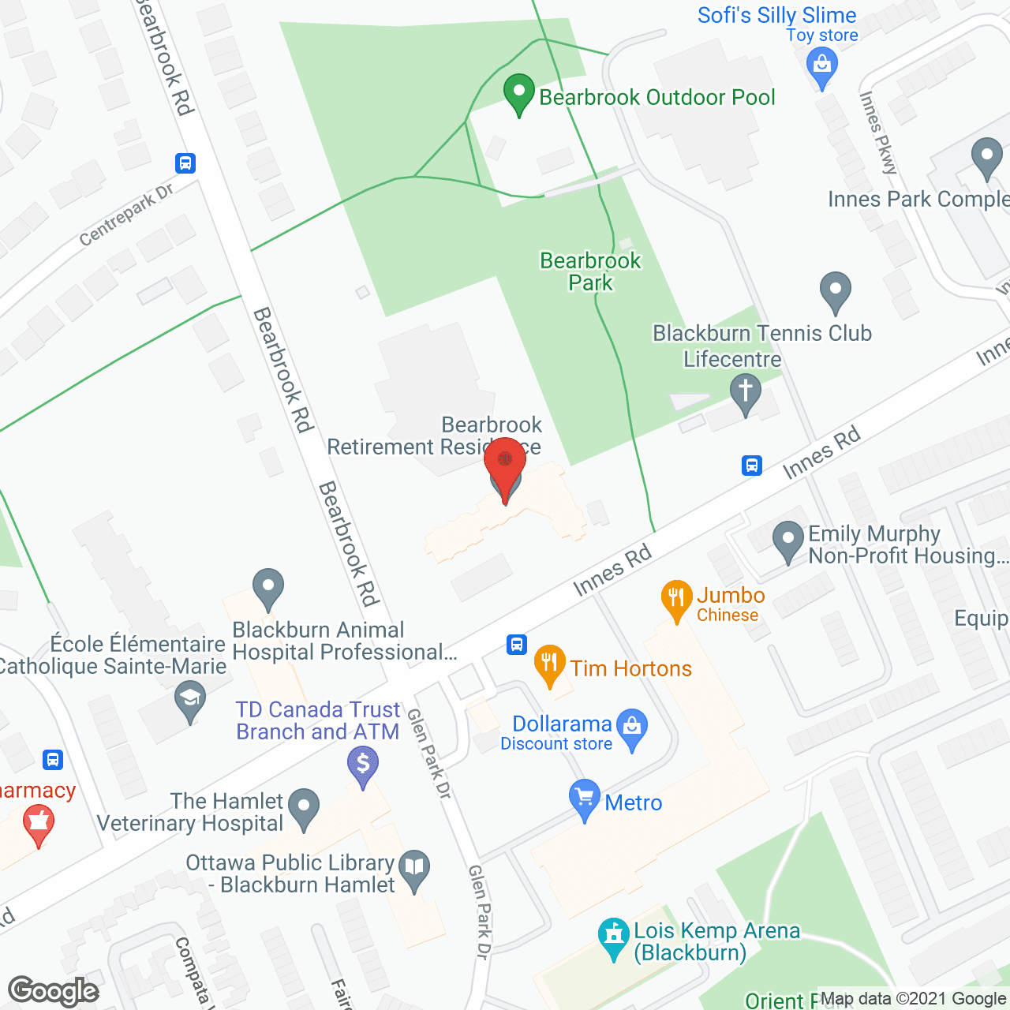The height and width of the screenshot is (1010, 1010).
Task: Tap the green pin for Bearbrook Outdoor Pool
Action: pos(518,93)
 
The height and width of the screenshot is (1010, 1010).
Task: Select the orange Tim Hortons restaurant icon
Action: pos(550,664)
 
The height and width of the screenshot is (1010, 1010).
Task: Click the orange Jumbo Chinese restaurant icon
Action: pos(676,600)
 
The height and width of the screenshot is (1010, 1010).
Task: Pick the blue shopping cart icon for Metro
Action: pos(585,799)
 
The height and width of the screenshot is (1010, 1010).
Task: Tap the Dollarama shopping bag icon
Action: pos(632,728)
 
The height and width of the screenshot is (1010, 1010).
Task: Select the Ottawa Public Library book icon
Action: pos(415,869)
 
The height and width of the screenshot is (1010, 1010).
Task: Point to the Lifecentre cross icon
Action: pos(745,392)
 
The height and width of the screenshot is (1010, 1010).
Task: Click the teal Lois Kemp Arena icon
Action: pos(613,937)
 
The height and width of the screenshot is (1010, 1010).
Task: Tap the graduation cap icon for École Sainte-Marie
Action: pos(189,701)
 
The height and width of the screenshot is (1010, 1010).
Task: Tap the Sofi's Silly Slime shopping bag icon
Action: pos(822,65)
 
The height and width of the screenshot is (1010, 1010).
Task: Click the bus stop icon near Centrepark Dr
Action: pos(185,163)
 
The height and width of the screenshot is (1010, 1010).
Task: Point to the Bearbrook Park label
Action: pos(590,271)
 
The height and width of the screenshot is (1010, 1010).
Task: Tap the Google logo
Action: pos(54,991)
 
